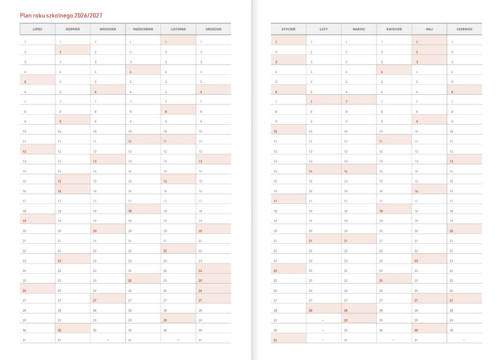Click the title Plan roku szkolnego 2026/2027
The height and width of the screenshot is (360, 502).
(x=61, y=16)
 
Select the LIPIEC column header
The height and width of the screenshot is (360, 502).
(x=37, y=29)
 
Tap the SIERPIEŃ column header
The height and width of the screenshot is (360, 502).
(x=73, y=29)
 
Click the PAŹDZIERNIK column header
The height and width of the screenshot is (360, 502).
(x=143, y=29)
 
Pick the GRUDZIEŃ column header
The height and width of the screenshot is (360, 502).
(x=214, y=29)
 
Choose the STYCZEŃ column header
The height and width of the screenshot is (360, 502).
(x=288, y=29)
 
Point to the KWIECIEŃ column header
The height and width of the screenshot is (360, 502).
(x=394, y=29)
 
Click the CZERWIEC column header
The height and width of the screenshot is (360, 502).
(x=464, y=29)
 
